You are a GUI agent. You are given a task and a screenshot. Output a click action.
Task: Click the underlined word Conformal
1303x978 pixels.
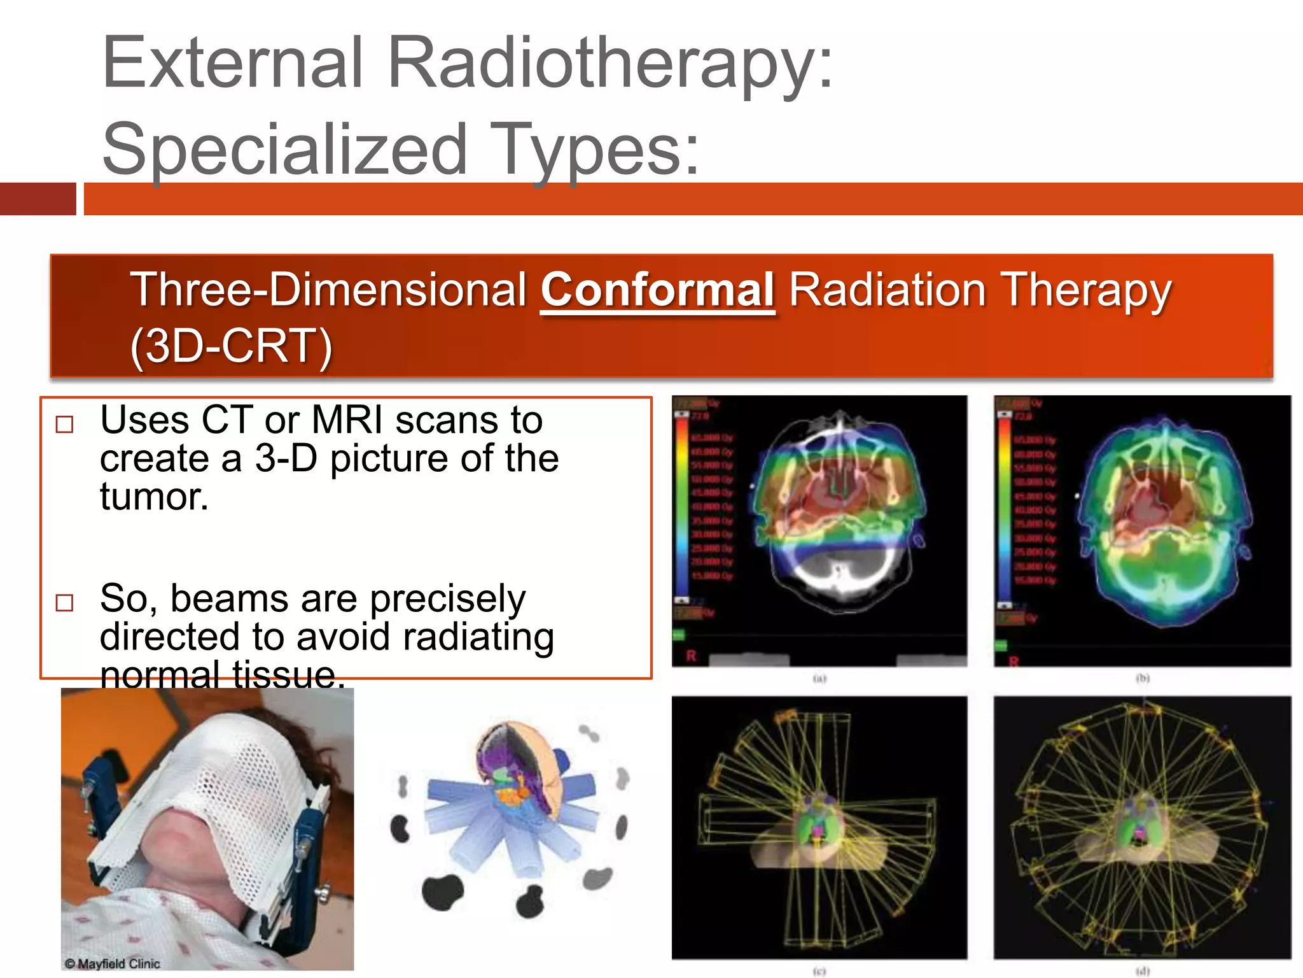[x=657, y=290]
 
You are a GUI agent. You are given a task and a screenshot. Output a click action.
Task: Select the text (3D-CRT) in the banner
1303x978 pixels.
[x=231, y=347]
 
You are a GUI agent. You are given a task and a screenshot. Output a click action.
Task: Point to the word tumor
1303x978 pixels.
[x=154, y=497]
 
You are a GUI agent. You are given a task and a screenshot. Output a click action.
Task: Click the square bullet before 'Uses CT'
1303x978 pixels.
[x=65, y=424]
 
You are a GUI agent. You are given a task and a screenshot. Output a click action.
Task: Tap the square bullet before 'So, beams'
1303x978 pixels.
[x=65, y=602]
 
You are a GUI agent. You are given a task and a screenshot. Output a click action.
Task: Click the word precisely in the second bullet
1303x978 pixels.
[x=447, y=599]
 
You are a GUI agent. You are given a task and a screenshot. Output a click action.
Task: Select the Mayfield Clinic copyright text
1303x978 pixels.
[x=113, y=963]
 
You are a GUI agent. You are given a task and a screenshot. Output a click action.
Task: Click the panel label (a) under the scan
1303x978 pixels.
[x=819, y=679]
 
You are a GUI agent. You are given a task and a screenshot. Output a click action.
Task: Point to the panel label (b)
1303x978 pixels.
[x=1143, y=679]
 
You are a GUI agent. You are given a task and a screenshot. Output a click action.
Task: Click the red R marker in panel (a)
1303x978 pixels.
[x=691, y=656]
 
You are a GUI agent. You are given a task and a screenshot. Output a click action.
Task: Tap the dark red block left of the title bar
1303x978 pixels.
[x=38, y=199]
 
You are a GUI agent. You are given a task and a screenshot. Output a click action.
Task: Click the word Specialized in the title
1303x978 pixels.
[x=284, y=150]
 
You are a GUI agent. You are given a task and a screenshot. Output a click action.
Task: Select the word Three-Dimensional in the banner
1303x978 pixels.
[x=328, y=290]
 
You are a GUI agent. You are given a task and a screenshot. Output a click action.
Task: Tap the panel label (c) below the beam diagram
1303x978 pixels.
[x=819, y=972]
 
